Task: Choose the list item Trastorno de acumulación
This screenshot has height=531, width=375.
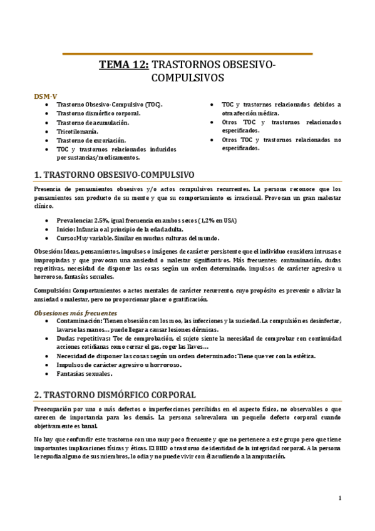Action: click(93, 123)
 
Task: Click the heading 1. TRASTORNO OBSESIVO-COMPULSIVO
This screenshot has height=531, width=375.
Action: click(114, 173)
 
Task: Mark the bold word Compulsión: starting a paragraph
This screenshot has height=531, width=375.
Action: click(53, 291)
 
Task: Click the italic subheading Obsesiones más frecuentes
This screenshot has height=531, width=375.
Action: click(75, 312)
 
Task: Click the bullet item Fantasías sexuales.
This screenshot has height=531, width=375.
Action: click(85, 374)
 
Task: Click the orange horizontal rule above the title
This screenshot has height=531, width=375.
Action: click(187, 54)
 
